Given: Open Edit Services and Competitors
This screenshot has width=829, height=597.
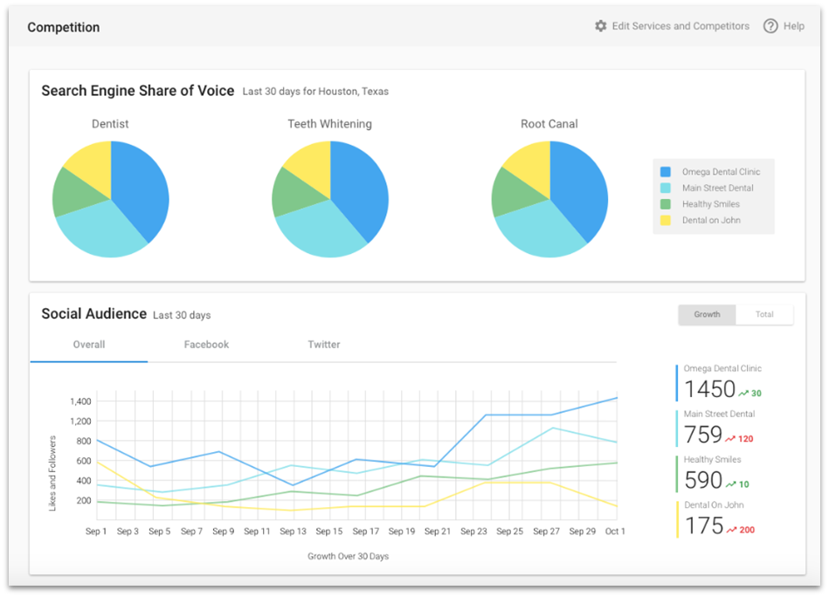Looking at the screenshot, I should click(x=680, y=26).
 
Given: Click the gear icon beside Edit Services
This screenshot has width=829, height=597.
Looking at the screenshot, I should click(x=600, y=26).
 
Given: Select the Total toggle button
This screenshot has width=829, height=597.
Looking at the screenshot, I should click(x=764, y=314).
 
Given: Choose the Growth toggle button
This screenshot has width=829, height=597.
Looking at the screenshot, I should click(x=707, y=314).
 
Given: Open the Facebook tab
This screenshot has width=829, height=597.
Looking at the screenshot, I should click(x=206, y=345).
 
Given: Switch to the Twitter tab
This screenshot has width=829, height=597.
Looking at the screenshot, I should click(x=323, y=345).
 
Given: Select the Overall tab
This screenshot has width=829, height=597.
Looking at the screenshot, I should click(x=89, y=345).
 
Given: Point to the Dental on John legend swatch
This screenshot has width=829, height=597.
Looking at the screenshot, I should click(x=666, y=220).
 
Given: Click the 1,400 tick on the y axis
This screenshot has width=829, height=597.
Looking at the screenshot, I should click(x=79, y=401).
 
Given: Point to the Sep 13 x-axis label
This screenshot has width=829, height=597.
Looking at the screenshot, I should click(x=294, y=531).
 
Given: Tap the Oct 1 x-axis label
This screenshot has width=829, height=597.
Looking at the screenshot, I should click(x=615, y=531).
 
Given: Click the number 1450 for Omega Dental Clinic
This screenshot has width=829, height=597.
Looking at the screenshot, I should click(x=709, y=389).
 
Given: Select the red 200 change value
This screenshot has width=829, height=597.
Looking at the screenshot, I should click(x=746, y=530).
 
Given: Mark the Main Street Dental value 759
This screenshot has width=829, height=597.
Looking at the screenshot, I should click(x=702, y=435).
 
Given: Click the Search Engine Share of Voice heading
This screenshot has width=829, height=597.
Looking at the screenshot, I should click(x=138, y=91).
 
